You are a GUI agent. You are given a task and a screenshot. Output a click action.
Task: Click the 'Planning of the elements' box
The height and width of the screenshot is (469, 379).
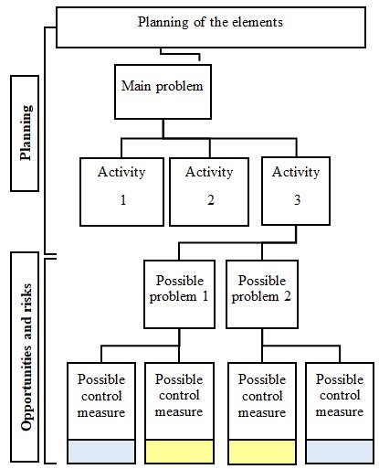click(x=216, y=27)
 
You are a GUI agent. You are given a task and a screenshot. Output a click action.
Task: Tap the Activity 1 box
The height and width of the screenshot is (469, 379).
click(x=122, y=191)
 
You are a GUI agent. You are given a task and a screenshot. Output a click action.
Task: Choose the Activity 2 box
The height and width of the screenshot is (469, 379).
click(x=209, y=191)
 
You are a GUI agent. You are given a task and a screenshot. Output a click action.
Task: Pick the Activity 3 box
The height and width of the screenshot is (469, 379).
click(x=296, y=191)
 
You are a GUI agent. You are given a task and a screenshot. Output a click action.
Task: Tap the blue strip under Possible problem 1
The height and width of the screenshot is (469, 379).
click(x=101, y=452)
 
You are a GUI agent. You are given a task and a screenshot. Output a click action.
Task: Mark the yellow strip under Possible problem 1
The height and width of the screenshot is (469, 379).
click(x=179, y=452)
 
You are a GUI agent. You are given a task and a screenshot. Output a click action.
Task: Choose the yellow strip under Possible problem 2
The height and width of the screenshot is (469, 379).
click(x=261, y=452)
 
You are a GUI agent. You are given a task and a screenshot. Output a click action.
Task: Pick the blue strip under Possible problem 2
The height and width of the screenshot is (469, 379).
click(x=339, y=452)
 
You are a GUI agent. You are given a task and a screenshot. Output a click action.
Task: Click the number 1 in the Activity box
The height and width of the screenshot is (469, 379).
click(x=122, y=199)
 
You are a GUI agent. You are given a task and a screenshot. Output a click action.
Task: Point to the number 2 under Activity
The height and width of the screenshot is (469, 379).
click(x=209, y=199)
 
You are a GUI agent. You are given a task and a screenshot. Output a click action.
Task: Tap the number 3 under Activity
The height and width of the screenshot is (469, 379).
click(x=296, y=199)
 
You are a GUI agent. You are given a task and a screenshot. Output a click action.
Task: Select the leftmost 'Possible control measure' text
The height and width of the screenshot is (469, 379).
click(x=101, y=396)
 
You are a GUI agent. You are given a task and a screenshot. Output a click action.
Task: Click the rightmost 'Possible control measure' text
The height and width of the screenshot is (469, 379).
click(x=339, y=396)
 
